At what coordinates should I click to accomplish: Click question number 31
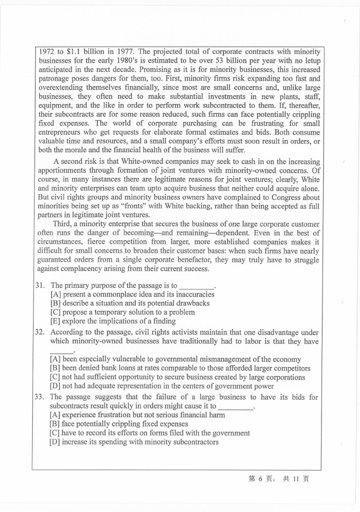pyautogui.click(x=40, y=285)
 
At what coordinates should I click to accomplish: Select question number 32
pyautogui.click(x=40, y=332)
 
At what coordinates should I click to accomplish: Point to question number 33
pyautogui.click(x=40, y=397)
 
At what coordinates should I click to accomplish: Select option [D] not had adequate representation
pyautogui.click(x=162, y=386)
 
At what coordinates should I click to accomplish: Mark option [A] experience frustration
pyautogui.click(x=137, y=415)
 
